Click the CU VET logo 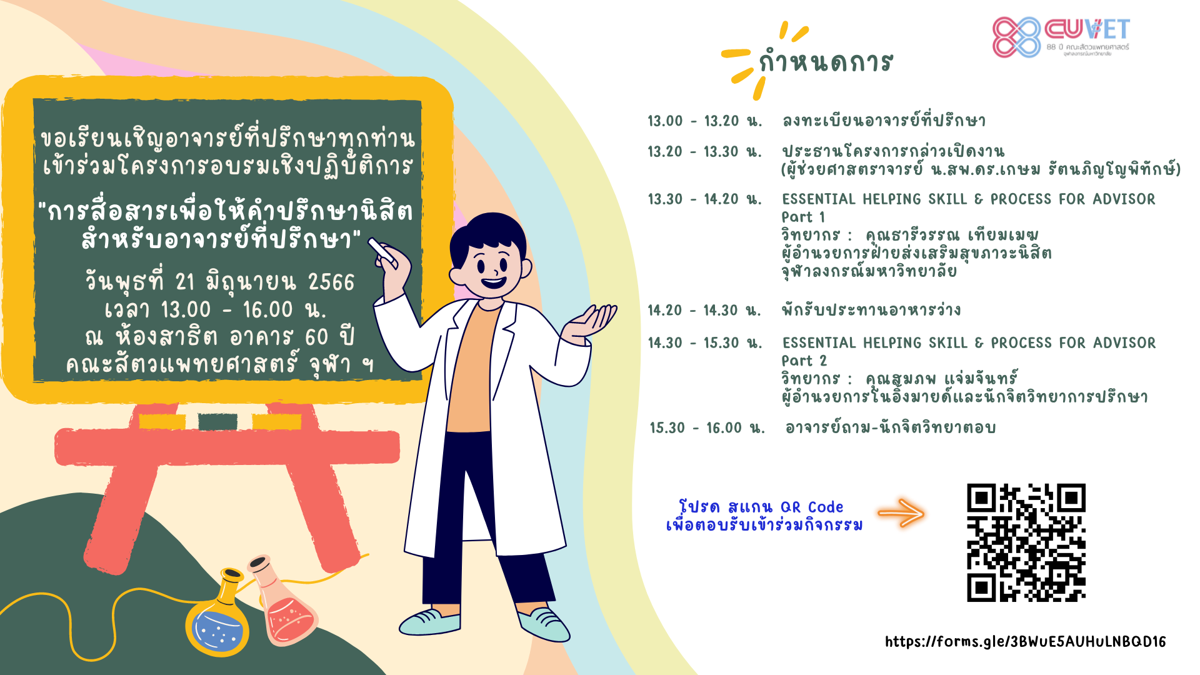[x=1061, y=37]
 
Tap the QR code [x=1026, y=542]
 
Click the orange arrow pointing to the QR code [x=901, y=513]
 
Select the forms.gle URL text [x=1026, y=642]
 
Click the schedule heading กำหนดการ [x=826, y=61]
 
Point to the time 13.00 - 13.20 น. [x=705, y=121]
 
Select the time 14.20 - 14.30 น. [x=704, y=310]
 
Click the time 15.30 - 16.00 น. [x=707, y=427]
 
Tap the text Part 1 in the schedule [x=803, y=217]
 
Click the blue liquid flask [x=218, y=613]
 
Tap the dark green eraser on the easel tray [x=217, y=422]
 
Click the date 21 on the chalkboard [x=185, y=282]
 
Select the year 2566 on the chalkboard [x=331, y=282]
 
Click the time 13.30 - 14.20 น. [x=705, y=199]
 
